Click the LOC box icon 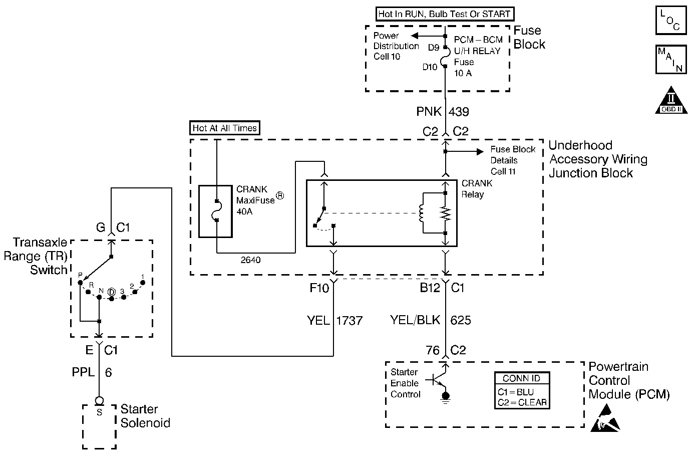pos(671,21)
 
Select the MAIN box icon pos(671,60)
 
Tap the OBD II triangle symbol pos(671,100)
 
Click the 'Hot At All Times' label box pos(224,128)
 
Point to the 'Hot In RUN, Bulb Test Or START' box pos(445,14)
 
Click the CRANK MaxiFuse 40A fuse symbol pos(215,211)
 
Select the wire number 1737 pos(349,321)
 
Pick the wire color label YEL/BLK pos(415,320)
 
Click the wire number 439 pos(459,112)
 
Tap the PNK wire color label pos(429,112)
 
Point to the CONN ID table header pos(522,378)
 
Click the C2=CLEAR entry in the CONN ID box pos(522,402)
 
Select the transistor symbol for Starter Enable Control pos(438,380)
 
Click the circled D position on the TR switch pos(111,292)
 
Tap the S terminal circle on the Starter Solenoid pos(99,401)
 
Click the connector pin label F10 pos(319,288)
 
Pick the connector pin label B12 pos(430,288)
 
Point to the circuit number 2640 pos(250,260)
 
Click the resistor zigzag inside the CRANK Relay pos(445,213)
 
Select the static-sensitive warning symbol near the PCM pos(605,418)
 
